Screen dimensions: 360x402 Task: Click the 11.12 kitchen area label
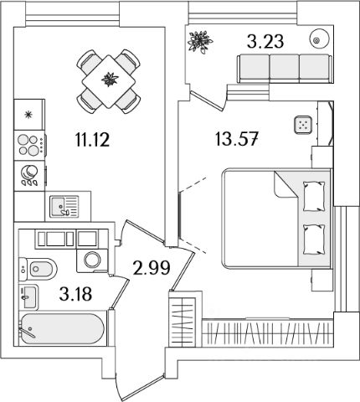click(92, 140)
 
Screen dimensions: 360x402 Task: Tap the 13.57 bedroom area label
click(237, 139)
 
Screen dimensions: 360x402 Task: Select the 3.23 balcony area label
click(265, 41)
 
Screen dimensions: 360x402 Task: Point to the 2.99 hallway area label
click(152, 268)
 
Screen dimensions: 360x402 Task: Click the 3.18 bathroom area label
click(75, 294)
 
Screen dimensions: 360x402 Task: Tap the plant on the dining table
click(110, 80)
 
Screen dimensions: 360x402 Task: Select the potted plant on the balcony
click(200, 42)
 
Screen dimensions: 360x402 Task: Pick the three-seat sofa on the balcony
click(285, 69)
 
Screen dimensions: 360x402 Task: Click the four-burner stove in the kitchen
click(30, 145)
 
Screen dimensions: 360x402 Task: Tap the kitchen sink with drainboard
click(64, 206)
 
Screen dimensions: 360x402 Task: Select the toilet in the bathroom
click(38, 269)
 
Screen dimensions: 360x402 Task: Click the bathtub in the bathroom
click(63, 328)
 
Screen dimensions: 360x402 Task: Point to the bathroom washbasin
click(28, 297)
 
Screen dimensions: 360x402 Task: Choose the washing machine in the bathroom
click(92, 260)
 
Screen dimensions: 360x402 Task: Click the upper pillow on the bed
click(314, 197)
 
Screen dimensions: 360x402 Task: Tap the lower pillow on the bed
click(314, 240)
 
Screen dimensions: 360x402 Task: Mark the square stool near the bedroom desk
click(303, 125)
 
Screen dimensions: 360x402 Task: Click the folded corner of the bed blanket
click(285, 185)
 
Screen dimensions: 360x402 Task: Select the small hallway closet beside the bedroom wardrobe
click(183, 318)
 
